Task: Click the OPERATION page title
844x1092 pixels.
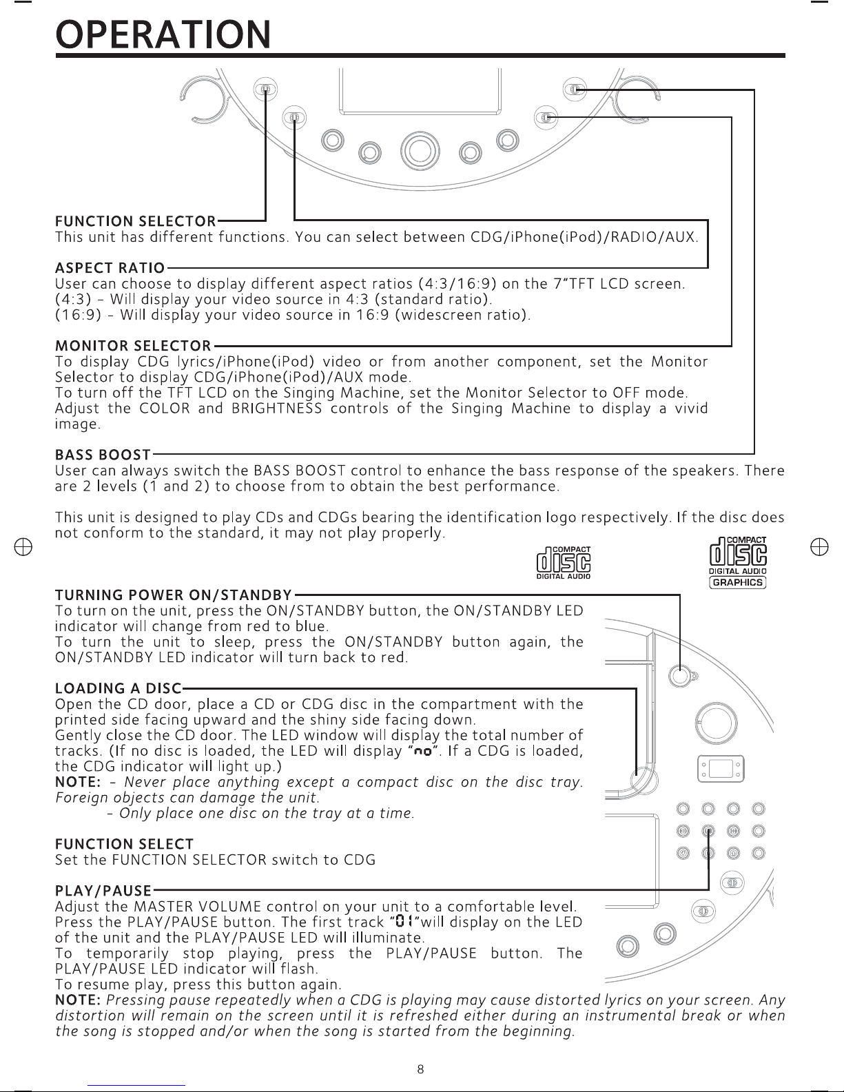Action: click(163, 34)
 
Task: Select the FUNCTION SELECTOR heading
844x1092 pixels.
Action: click(135, 221)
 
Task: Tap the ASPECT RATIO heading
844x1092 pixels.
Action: click(110, 268)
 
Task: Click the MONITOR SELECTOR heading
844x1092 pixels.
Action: click(133, 346)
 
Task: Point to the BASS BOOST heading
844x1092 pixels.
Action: click(103, 455)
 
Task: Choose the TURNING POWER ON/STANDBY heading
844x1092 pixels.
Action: click(174, 595)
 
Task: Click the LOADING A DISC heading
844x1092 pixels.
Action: click(118, 688)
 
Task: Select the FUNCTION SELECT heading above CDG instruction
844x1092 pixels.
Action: click(124, 844)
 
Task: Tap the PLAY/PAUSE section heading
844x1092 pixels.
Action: click(103, 891)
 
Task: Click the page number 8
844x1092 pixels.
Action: click(420, 1069)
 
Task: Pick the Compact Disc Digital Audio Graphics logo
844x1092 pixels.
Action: click(737, 562)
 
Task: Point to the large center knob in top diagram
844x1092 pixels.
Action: click(420, 151)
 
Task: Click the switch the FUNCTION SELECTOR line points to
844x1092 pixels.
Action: click(265, 90)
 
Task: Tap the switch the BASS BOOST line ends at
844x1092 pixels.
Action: click(575, 90)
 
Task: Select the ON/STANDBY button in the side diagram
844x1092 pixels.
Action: click(680, 676)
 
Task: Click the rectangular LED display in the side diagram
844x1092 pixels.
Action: click(721, 769)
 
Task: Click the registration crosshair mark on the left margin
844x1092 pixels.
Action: click(23, 547)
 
